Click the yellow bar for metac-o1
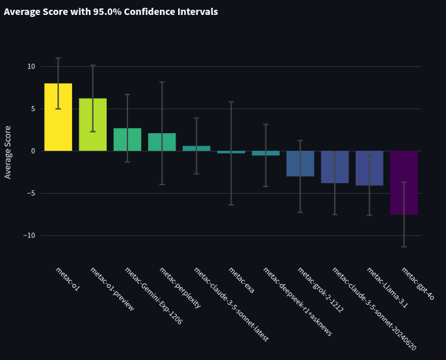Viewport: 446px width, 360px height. click(x=58, y=117)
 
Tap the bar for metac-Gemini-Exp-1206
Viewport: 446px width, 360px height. click(x=127, y=139)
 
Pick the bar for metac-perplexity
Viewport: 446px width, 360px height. click(x=162, y=142)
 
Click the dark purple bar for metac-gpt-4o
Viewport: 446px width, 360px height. click(x=404, y=183)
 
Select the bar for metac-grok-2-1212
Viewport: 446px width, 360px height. click(x=300, y=164)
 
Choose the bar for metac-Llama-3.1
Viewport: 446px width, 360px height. click(x=369, y=168)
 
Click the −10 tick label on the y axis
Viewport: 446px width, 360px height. click(x=29, y=235)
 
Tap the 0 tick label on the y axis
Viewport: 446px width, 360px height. click(x=33, y=151)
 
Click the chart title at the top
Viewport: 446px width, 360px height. click(x=111, y=12)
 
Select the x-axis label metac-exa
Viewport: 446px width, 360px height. click(x=241, y=280)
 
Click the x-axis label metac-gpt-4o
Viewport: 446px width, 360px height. click(x=417, y=283)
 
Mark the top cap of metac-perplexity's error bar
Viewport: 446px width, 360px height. click(x=162, y=82)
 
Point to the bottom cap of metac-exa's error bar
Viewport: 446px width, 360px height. click(x=231, y=205)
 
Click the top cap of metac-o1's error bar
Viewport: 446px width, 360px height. click(x=58, y=58)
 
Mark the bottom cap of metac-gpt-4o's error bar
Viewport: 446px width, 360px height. click(x=404, y=247)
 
